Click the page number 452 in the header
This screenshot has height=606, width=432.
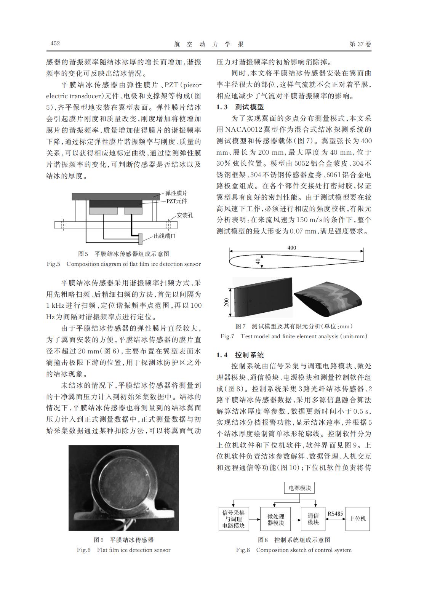[55, 44]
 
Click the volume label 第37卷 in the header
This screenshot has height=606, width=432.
[360, 44]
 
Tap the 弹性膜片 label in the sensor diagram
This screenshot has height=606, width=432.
[176, 193]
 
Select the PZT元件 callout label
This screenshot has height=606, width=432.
[176, 201]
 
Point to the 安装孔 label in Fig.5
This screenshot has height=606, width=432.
[185, 215]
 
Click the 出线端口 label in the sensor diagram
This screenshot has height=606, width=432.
[165, 236]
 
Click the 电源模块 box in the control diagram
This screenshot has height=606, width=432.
[300, 488]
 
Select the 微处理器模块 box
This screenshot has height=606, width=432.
[275, 519]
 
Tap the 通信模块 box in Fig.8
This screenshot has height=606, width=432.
[313, 519]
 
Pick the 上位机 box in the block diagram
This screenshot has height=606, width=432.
[357, 519]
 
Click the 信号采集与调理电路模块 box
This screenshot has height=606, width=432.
[233, 519]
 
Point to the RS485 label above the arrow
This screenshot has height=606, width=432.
[335, 513]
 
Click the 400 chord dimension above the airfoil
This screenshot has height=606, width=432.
[291, 248]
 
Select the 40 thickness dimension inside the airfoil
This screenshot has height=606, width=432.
[258, 262]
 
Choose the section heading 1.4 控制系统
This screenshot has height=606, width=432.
[240, 355]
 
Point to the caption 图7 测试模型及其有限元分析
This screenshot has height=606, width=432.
[294, 326]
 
